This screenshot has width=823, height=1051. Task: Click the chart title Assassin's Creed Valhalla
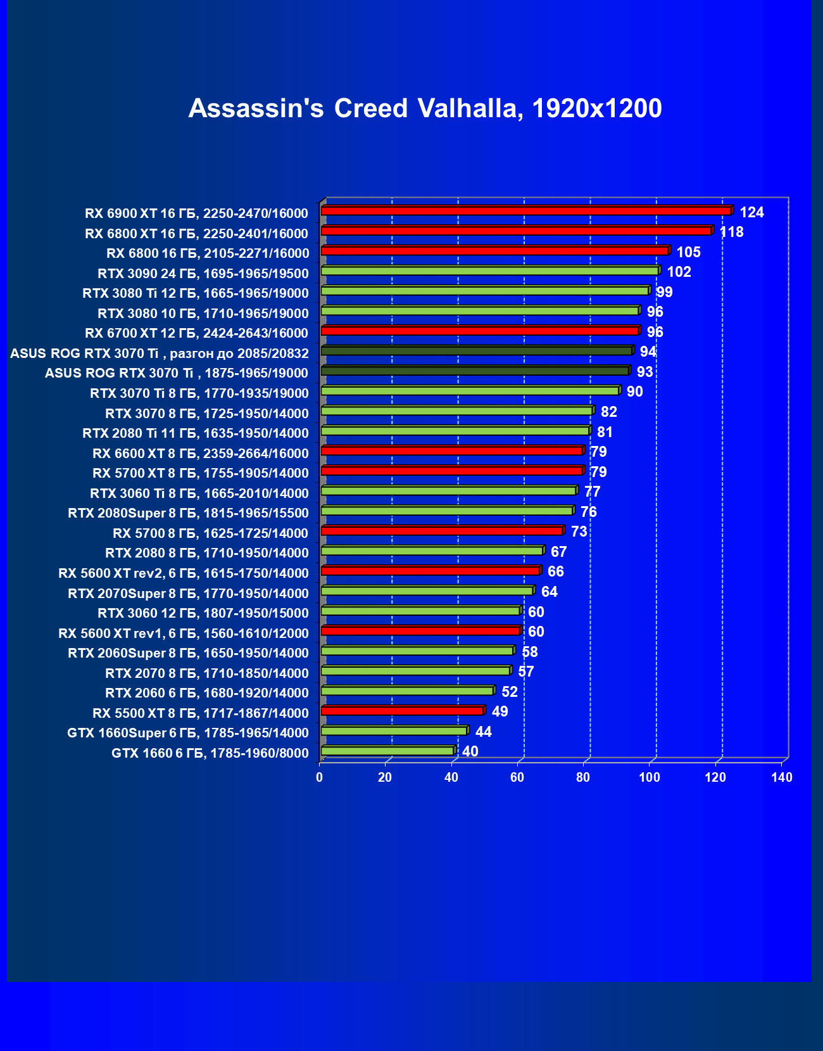(x=425, y=108)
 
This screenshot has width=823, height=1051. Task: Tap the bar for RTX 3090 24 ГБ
(x=489, y=271)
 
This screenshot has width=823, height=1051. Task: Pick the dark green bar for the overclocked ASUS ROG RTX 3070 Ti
(x=476, y=351)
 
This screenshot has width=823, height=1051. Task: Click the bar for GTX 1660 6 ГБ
(x=387, y=751)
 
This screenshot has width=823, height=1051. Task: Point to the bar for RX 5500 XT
(x=402, y=711)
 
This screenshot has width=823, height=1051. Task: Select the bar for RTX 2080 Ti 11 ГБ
(x=455, y=431)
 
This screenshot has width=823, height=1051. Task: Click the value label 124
(x=751, y=212)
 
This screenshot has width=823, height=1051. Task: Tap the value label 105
(x=688, y=252)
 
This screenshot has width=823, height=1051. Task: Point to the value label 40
(x=470, y=751)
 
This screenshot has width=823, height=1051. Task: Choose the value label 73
(x=579, y=532)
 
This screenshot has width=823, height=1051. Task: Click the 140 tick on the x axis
(x=782, y=777)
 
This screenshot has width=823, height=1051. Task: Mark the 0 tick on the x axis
(x=320, y=777)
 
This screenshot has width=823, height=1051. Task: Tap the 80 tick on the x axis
(x=583, y=777)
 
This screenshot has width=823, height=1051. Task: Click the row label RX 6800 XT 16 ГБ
(x=196, y=233)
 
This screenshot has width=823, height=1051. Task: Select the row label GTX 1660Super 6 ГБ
(x=187, y=733)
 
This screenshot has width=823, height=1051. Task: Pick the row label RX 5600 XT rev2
(x=183, y=573)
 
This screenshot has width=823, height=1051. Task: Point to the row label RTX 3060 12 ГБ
(x=203, y=613)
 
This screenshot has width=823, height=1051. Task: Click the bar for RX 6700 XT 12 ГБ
(x=479, y=331)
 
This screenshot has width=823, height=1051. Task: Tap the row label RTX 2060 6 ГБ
(x=206, y=693)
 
